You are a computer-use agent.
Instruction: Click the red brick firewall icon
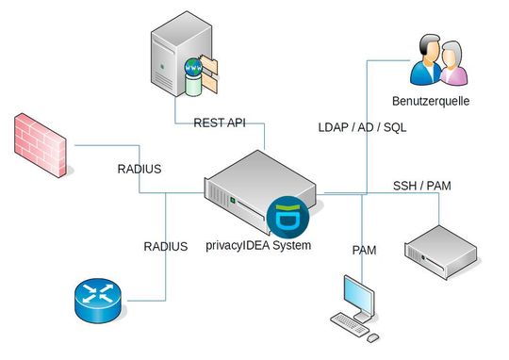pyautogui.click(x=41, y=146)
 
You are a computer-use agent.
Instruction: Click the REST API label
pyautogui.click(x=220, y=123)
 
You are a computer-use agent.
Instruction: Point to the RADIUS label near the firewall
pyautogui.click(x=139, y=170)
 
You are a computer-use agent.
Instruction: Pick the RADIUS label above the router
pyautogui.click(x=165, y=246)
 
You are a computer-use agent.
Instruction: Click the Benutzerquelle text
pyautogui.click(x=430, y=100)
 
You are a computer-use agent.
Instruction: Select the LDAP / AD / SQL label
pyautogui.click(x=362, y=127)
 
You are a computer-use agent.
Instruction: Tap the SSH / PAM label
pyautogui.click(x=421, y=185)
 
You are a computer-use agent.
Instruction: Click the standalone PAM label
pyautogui.click(x=364, y=250)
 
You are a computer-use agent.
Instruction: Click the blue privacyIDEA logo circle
pyautogui.click(x=283, y=217)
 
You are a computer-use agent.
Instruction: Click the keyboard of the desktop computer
pyautogui.click(x=348, y=325)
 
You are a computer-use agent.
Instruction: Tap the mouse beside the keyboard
pyautogui.click(x=374, y=335)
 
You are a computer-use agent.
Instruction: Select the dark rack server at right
pyautogui.click(x=440, y=247)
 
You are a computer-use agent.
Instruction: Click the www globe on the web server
pyautogui.click(x=195, y=70)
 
